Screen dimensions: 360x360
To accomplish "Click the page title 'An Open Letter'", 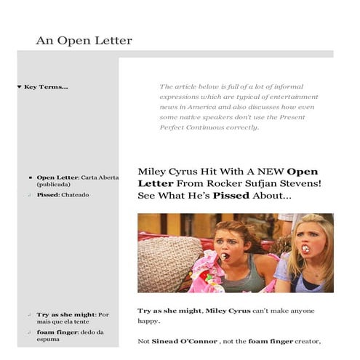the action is (x=84, y=41).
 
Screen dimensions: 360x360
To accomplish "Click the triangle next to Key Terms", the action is (x=19, y=87).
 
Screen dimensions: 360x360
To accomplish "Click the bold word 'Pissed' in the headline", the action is (x=231, y=196).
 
